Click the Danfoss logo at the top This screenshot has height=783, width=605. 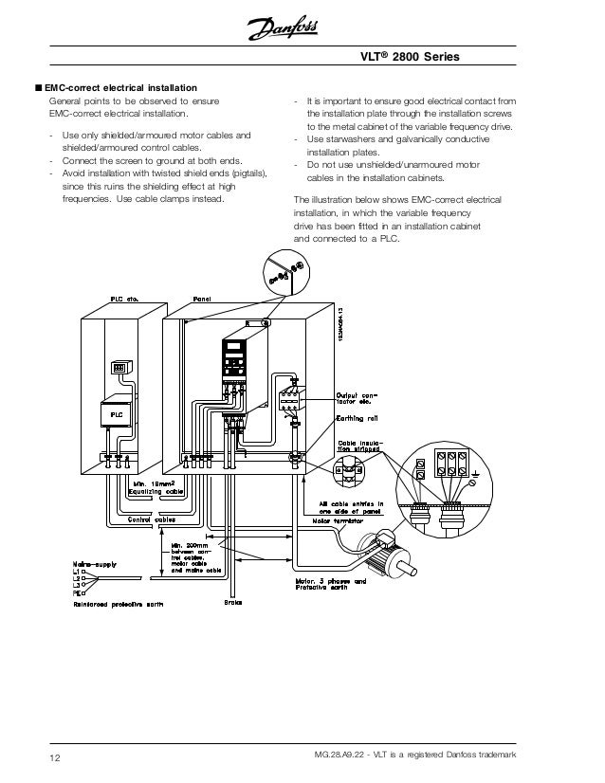pos(302,33)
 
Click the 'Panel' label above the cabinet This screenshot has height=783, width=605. pos(202,299)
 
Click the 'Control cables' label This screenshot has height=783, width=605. pos(151,519)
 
